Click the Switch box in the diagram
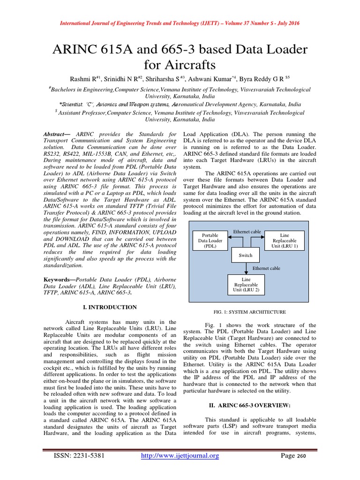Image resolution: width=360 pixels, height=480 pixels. pyautogui.click(x=246, y=255)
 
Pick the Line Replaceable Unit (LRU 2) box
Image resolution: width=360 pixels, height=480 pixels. pyautogui.click(x=246, y=285)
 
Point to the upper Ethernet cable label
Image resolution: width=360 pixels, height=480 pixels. pyautogui.click(x=247, y=232)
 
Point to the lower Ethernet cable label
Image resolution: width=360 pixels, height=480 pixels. pyautogui.click(x=266, y=268)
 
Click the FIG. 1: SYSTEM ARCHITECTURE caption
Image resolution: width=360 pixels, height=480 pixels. pyautogui.click(x=249, y=312)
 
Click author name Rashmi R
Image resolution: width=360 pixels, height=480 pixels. pyautogui.click(x=84, y=79)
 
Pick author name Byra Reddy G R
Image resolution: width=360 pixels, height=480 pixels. pyautogui.click(x=275, y=79)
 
